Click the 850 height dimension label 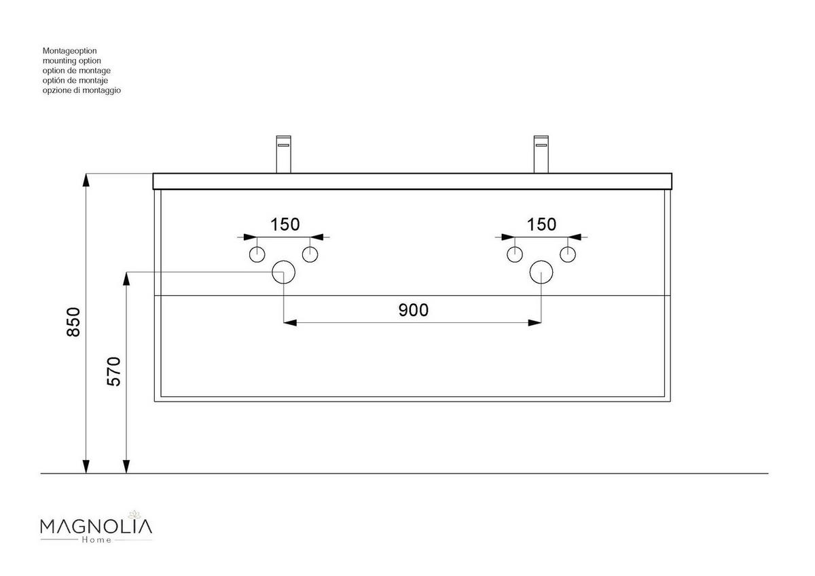coord(73,322)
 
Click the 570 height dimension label coord(114,371)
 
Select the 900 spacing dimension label coord(414,310)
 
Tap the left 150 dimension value coord(285,225)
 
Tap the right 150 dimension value coord(542,225)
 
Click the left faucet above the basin coord(284,155)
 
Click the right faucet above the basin coord(541,155)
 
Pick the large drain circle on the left coord(283,272)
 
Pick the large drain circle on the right coord(541,272)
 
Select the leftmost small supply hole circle coord(257,254)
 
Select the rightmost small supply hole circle coord(568,254)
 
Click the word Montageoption coord(69,51)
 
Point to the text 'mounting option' coord(72,60)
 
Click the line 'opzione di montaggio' coord(81,90)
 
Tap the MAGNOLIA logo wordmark coord(96,527)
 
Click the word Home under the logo coord(96,540)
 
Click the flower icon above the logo coord(134,514)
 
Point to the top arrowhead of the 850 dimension coord(86,180)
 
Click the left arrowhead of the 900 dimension coord(290,323)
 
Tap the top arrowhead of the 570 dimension coord(126,279)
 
